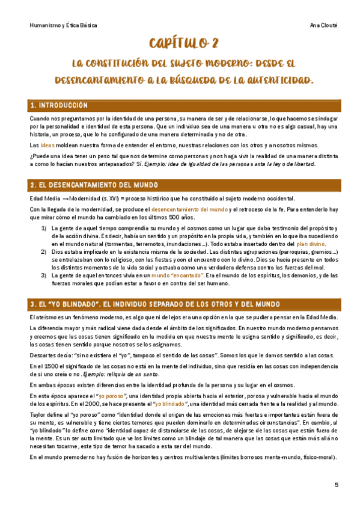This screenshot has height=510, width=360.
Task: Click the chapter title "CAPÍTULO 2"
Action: click(180, 44)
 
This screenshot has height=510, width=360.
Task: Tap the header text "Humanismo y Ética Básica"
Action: click(63, 26)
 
